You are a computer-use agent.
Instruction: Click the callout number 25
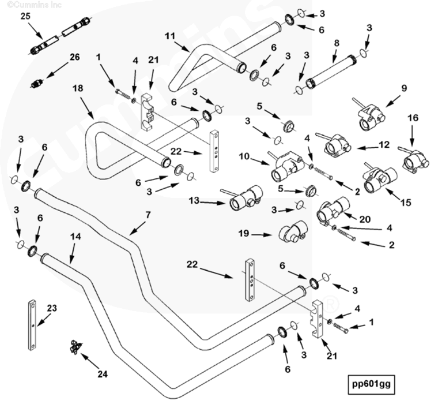tap(25, 16)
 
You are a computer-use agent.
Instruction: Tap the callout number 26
tap(74, 57)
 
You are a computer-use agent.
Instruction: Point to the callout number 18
tap(78, 88)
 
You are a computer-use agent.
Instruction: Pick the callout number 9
tap(404, 88)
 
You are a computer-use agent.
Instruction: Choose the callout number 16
tap(413, 117)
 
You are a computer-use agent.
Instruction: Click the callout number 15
tap(406, 202)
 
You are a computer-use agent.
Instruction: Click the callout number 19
tap(243, 233)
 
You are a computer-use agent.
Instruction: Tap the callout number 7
tap(148, 215)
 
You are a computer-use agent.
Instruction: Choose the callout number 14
tap(75, 236)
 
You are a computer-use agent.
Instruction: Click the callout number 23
tap(52, 308)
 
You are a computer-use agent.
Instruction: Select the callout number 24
tap(102, 375)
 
